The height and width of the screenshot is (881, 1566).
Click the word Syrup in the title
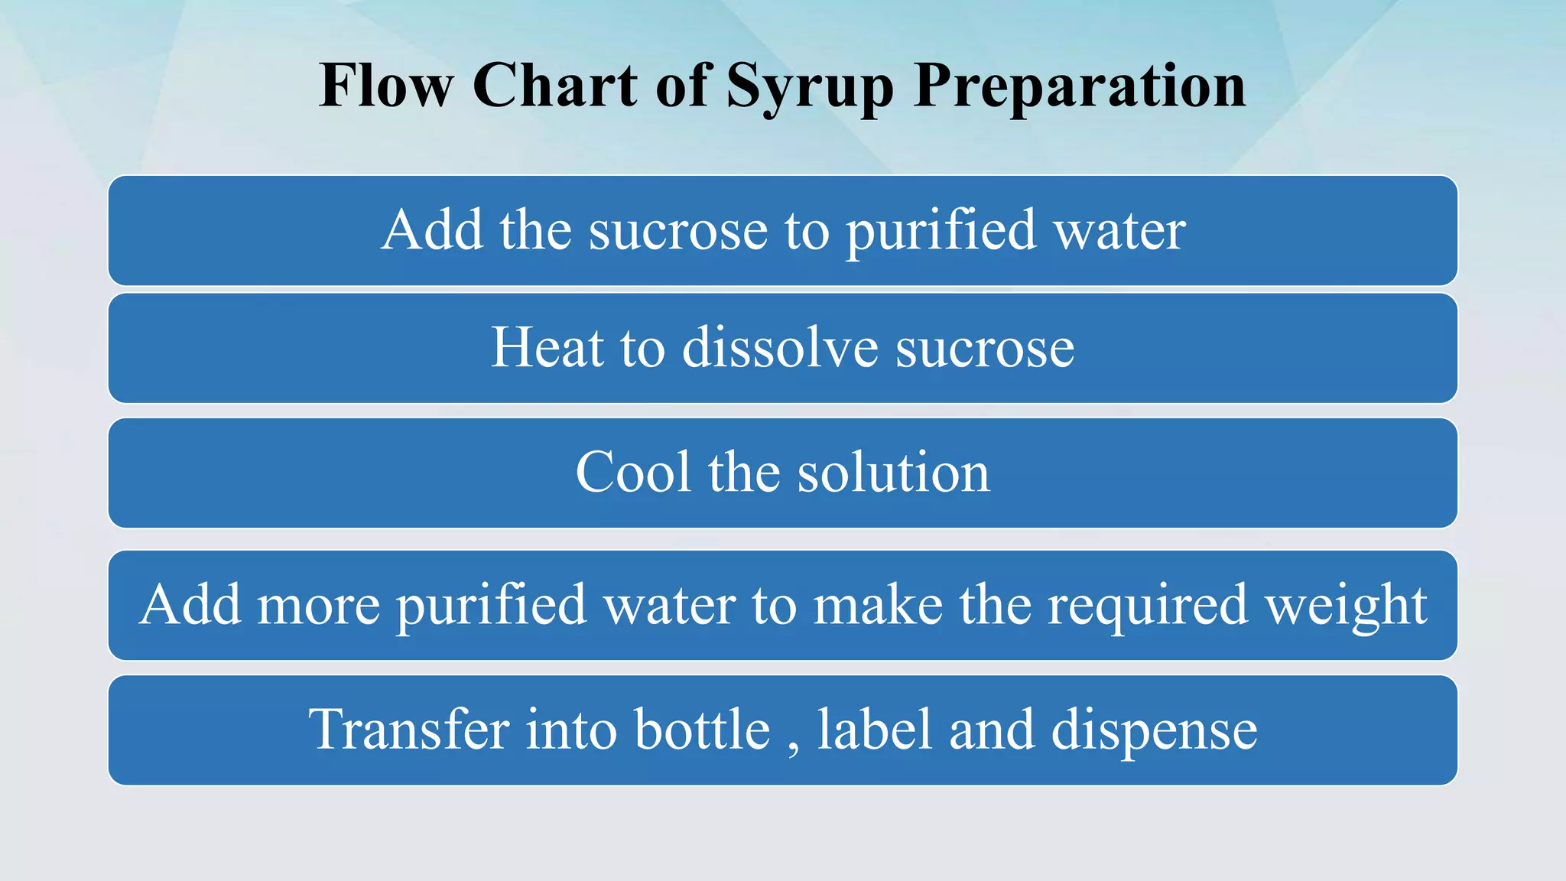809,86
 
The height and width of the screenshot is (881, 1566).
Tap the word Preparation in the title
1080,86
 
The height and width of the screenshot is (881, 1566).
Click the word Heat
547,348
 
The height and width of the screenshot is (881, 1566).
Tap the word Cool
634,472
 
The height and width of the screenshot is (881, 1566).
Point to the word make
878,604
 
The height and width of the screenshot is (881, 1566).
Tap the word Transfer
408,729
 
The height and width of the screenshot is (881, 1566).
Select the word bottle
703,729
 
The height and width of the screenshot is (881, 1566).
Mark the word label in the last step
875,729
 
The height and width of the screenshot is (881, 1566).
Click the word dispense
1154,730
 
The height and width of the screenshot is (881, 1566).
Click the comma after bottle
793,746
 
